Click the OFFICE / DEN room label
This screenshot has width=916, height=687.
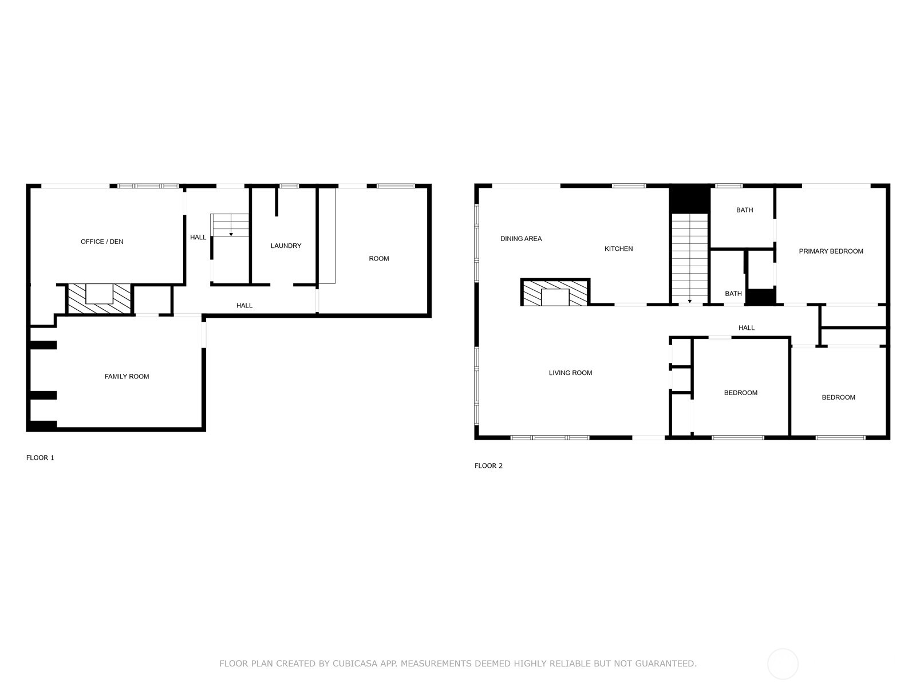tap(102, 242)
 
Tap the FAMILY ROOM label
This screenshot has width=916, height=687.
tap(127, 377)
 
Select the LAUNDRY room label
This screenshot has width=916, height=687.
tap(286, 246)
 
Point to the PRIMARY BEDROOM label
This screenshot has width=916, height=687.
tap(831, 251)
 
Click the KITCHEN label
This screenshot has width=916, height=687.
tap(618, 249)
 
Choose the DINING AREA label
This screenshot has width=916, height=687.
tap(521, 239)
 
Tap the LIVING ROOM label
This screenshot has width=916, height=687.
tap(570, 373)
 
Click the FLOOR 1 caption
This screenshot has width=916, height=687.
tap(40, 458)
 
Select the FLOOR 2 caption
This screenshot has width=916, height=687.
tap(488, 466)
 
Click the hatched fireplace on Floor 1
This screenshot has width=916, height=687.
tap(99, 299)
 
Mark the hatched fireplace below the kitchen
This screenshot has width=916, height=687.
tap(555, 293)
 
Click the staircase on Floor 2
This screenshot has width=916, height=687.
tap(690, 258)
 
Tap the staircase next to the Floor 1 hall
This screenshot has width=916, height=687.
tap(230, 224)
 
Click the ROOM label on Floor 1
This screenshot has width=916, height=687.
tap(378, 259)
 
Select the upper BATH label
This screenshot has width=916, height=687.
tap(744, 210)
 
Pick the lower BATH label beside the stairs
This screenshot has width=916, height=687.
tap(733, 294)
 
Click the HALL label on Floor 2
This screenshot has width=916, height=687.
tap(747, 328)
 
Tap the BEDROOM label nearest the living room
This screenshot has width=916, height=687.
tap(740, 393)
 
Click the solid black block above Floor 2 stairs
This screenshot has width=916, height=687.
tap(690, 199)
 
